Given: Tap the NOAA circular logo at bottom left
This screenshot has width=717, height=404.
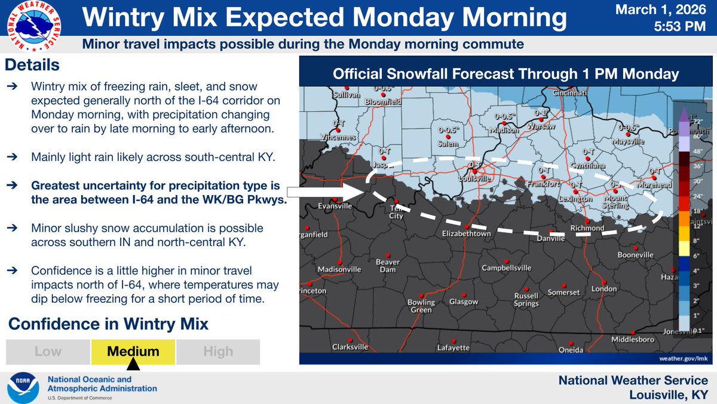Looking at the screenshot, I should coord(22,388).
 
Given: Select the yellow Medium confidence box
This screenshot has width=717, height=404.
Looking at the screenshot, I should coord(133,352).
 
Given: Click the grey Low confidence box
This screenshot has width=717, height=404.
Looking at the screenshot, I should coord(48,352).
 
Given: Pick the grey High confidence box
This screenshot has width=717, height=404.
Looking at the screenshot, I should coord(218,352).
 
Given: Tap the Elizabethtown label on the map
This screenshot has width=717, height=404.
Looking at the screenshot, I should coord(467,234).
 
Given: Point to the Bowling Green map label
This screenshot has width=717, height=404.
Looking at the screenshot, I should coord(421,306).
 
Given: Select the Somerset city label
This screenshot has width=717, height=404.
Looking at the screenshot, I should coord(563,292).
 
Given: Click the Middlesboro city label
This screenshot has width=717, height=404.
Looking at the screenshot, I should coord(632,339).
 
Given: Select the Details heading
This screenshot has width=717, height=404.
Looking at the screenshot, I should coord(33,64).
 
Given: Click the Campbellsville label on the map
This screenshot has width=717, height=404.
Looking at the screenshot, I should coord(506,268).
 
